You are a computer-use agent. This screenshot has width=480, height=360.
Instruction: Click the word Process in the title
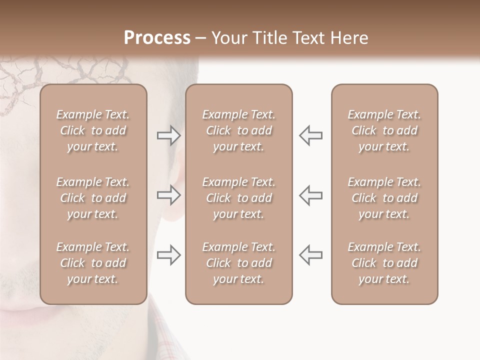(x=157, y=37)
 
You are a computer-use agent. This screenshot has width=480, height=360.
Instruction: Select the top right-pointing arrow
(x=168, y=135)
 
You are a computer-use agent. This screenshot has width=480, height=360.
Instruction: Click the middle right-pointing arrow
(x=168, y=195)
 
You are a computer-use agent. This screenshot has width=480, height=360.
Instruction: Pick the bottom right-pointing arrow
(x=168, y=255)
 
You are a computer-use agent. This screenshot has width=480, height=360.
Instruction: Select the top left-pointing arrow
(x=310, y=135)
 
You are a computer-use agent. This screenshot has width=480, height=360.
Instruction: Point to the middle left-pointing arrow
(x=310, y=195)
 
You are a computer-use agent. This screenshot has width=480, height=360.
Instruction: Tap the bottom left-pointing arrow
(x=310, y=255)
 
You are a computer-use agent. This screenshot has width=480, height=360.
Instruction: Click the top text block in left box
(x=93, y=130)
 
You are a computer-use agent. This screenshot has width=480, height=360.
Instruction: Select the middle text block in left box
(x=93, y=198)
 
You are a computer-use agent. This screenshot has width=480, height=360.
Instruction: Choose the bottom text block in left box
(x=93, y=263)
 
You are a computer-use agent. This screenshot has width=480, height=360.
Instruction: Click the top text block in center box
(x=238, y=130)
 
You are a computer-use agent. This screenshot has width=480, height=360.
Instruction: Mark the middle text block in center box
(x=238, y=198)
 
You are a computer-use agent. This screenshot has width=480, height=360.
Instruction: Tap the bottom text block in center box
(x=238, y=263)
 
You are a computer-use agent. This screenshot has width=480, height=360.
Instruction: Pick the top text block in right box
(x=384, y=130)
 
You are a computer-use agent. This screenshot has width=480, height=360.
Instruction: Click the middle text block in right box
(x=384, y=198)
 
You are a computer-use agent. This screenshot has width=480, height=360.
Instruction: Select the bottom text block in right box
(x=384, y=263)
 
